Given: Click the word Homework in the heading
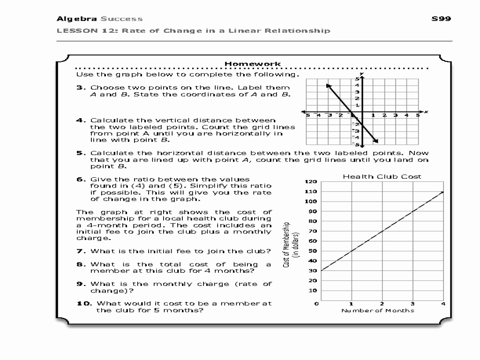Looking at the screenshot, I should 253,64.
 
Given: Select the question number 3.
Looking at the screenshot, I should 80,87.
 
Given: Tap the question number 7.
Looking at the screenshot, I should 80,251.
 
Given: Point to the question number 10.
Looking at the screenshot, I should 82,303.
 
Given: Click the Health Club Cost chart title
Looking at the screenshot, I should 382,177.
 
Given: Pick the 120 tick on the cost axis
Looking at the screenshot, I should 311,182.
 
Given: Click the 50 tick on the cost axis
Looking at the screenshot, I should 313,251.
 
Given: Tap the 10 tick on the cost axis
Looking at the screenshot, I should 313,291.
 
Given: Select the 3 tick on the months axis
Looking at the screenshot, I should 412,304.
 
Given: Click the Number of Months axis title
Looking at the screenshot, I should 378,310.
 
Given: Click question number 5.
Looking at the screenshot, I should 80,153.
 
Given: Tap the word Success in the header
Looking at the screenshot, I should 121,19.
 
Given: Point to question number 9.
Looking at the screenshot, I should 80,284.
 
